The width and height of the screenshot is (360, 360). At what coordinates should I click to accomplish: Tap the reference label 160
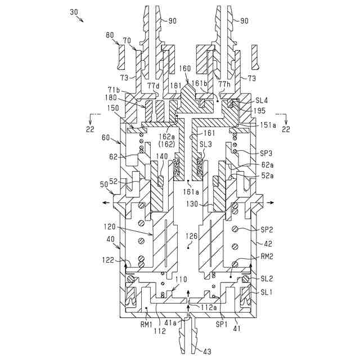(x=185, y=69)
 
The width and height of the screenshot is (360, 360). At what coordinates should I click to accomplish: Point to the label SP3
(x=266, y=152)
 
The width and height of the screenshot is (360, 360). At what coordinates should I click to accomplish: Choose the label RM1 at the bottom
(x=148, y=325)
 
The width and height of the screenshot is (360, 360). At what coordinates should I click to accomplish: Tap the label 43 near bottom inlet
(x=207, y=352)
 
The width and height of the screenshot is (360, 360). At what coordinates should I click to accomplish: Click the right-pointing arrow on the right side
(x=271, y=202)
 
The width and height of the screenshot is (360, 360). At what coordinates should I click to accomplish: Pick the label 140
(x=163, y=156)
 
